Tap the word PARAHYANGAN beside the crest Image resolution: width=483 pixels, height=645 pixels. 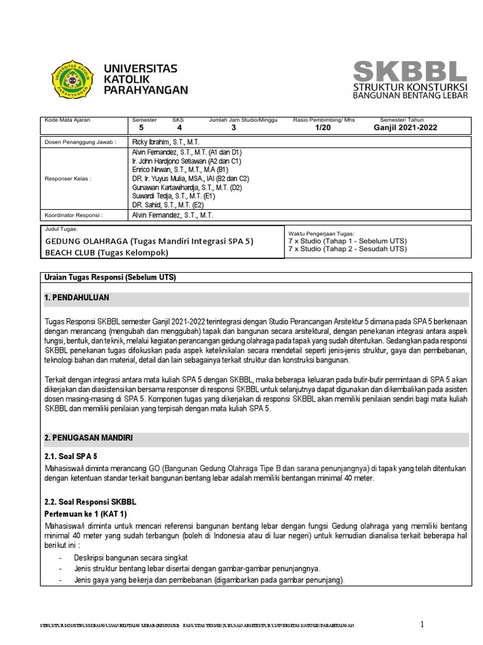tap(145, 90)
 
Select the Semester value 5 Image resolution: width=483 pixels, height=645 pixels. tap(141, 127)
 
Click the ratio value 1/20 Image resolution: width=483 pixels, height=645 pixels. tap(322, 127)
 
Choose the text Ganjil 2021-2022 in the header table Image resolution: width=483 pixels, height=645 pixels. tap(405, 127)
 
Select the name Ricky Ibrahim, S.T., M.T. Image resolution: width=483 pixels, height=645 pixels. tap(165, 142)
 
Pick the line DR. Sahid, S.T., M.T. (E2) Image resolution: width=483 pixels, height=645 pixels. tap(167, 205)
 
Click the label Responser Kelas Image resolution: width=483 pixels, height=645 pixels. tap(68, 178)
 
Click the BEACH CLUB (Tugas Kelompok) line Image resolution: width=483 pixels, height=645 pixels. tap(107, 253)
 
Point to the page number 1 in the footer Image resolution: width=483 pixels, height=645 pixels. tap(423, 624)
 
